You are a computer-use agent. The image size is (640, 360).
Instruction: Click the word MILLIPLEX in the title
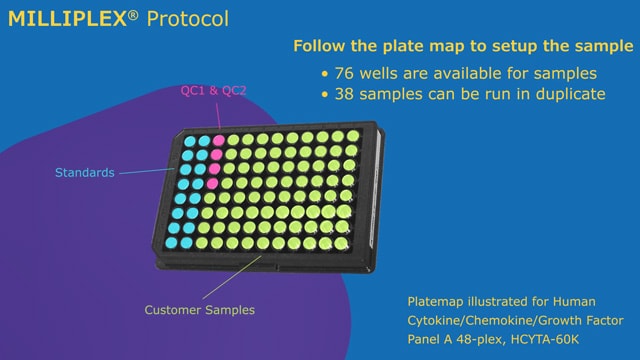pos(66,18)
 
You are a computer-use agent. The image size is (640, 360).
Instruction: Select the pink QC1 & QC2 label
pos(213,91)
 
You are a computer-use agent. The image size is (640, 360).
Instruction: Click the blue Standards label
pos(84,173)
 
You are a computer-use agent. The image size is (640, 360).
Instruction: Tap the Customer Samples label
pos(199,310)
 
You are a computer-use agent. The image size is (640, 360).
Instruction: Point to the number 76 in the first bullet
pos(346,73)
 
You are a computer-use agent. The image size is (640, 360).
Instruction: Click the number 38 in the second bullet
pos(346,94)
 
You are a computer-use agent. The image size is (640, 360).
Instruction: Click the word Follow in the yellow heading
pos(319,46)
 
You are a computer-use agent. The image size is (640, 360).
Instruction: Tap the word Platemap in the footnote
pos(436,301)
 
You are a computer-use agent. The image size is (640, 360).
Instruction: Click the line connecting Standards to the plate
pos(150,172)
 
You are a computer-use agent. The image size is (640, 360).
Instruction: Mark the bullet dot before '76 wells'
pos(324,74)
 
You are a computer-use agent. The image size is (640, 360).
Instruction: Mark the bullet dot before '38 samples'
pos(324,95)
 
